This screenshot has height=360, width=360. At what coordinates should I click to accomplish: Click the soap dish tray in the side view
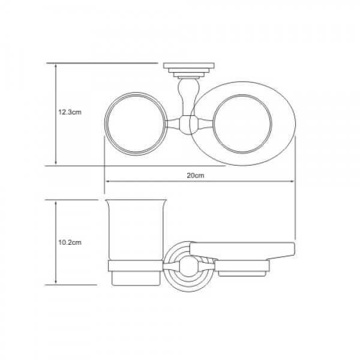pos(243,250)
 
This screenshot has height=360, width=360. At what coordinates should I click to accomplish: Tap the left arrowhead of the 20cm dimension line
pos(107,182)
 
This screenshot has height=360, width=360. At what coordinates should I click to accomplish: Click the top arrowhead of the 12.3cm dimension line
pos(56,64)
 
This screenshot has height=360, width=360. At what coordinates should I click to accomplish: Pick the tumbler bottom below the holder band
pos(134,277)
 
